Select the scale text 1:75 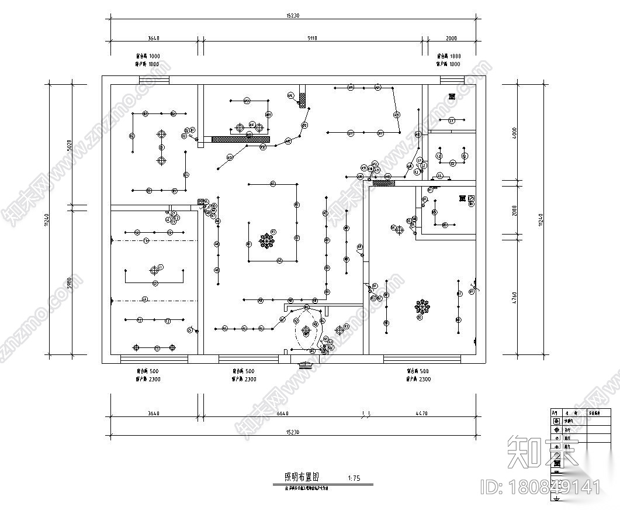[x=354, y=478]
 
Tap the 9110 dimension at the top [x=312, y=38]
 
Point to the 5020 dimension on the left [x=69, y=144]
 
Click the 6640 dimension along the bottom [x=282, y=413]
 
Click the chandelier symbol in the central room [x=268, y=240]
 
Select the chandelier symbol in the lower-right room [x=422, y=306]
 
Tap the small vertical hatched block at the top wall [x=303, y=99]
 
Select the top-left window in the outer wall [x=154, y=80]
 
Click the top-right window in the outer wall [x=451, y=80]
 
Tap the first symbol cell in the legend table [x=555, y=421]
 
